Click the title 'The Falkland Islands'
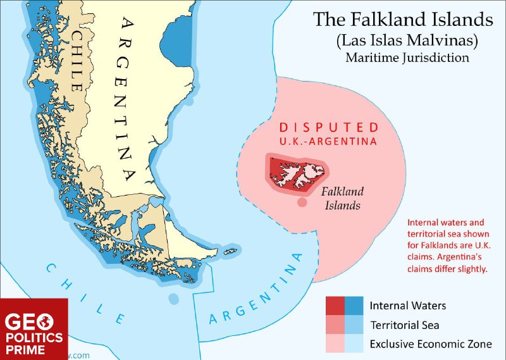pyautogui.click(x=403, y=20)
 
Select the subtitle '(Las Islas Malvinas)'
pyautogui.click(x=403, y=40)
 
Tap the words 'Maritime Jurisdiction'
pyautogui.click(x=407, y=58)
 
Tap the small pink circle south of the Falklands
pyautogui.click(x=302, y=202)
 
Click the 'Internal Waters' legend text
pyautogui.click(x=408, y=306)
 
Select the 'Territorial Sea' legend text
pyautogui.click(x=405, y=325)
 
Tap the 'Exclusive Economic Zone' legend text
pyautogui.click(x=429, y=345)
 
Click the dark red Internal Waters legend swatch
pyautogui.click(x=335, y=306)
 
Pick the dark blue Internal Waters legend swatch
pyautogui.click(x=354, y=306)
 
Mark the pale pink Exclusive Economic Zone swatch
pyautogui.click(x=335, y=344)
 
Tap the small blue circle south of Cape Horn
pyautogui.click(x=173, y=298)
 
